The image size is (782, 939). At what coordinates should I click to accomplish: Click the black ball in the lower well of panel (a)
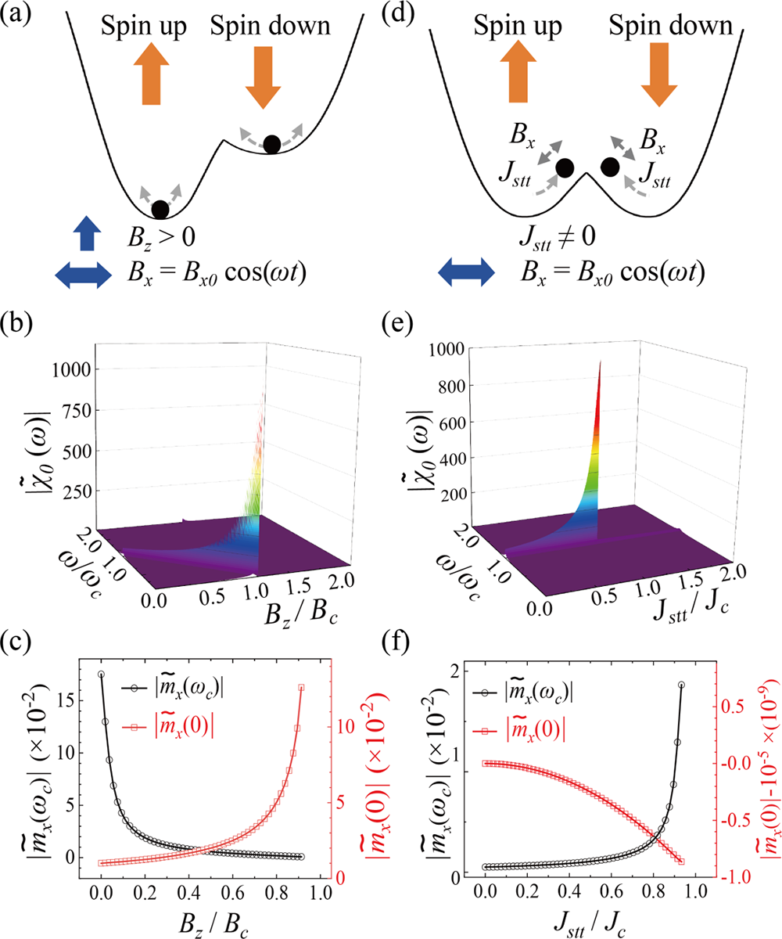pos(160,209)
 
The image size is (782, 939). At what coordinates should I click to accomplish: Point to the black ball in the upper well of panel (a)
pos(271,143)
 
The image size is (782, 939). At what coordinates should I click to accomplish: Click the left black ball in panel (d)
pos(565,167)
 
